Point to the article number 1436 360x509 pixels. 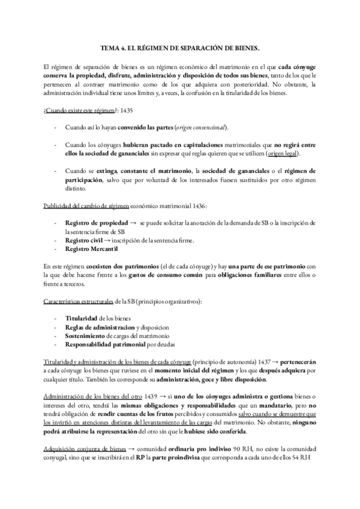pyautogui.click(x=197, y=206)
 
